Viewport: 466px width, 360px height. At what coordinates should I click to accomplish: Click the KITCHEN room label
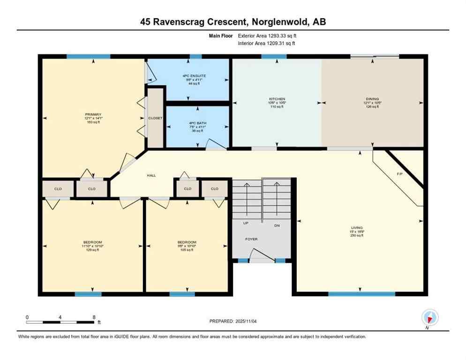point(277,99)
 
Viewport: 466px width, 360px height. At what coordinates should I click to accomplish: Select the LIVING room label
point(359,227)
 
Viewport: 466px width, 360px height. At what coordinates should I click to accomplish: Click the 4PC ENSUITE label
point(194,76)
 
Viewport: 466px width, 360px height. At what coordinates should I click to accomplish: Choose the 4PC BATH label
point(194,123)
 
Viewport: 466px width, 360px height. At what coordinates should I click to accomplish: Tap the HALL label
point(151,175)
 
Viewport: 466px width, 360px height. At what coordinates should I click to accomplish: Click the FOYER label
point(252,239)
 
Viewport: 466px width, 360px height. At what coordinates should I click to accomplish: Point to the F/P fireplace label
point(400,174)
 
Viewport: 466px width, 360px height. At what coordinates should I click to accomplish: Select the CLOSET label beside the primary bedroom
point(155,118)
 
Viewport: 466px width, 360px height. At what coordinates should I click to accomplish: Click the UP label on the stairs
point(246,223)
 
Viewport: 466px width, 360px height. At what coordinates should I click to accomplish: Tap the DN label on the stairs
point(277,225)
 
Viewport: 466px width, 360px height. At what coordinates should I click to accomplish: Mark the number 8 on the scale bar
point(94,317)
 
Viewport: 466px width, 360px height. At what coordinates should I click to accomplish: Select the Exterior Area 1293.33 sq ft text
point(267,35)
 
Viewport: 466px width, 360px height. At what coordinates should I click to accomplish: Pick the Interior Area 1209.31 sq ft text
point(267,43)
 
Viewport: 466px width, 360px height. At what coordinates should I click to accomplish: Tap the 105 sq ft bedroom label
point(187,250)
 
